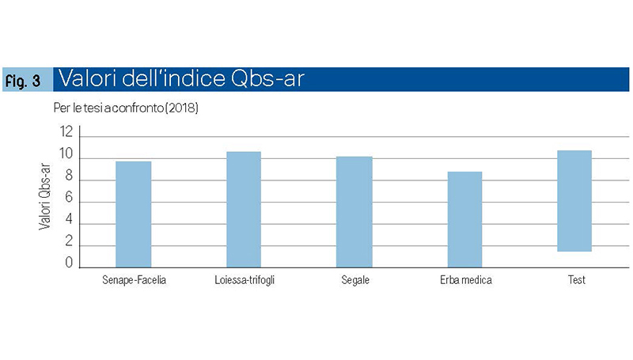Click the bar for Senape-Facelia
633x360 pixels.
click(134, 214)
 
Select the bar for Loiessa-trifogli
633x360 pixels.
click(244, 210)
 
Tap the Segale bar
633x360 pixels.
click(354, 212)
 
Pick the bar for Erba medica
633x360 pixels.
click(464, 219)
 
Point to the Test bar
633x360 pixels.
click(574, 201)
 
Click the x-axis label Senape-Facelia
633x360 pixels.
click(134, 279)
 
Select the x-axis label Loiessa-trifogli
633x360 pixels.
click(244, 280)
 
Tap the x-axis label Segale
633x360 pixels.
click(355, 280)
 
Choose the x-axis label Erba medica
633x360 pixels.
click(466, 279)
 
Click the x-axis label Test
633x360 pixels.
click(577, 279)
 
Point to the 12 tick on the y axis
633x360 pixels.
click(66, 132)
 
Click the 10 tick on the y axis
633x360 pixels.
click(66, 153)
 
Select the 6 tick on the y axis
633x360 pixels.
click(69, 197)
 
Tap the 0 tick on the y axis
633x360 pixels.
click(69, 263)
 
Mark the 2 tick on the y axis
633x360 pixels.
click(69, 241)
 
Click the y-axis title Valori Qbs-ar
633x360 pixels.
click(45, 196)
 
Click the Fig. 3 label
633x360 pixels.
click(23, 81)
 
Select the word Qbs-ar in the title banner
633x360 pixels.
click(267, 78)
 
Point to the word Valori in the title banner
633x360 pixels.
click(88, 78)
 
